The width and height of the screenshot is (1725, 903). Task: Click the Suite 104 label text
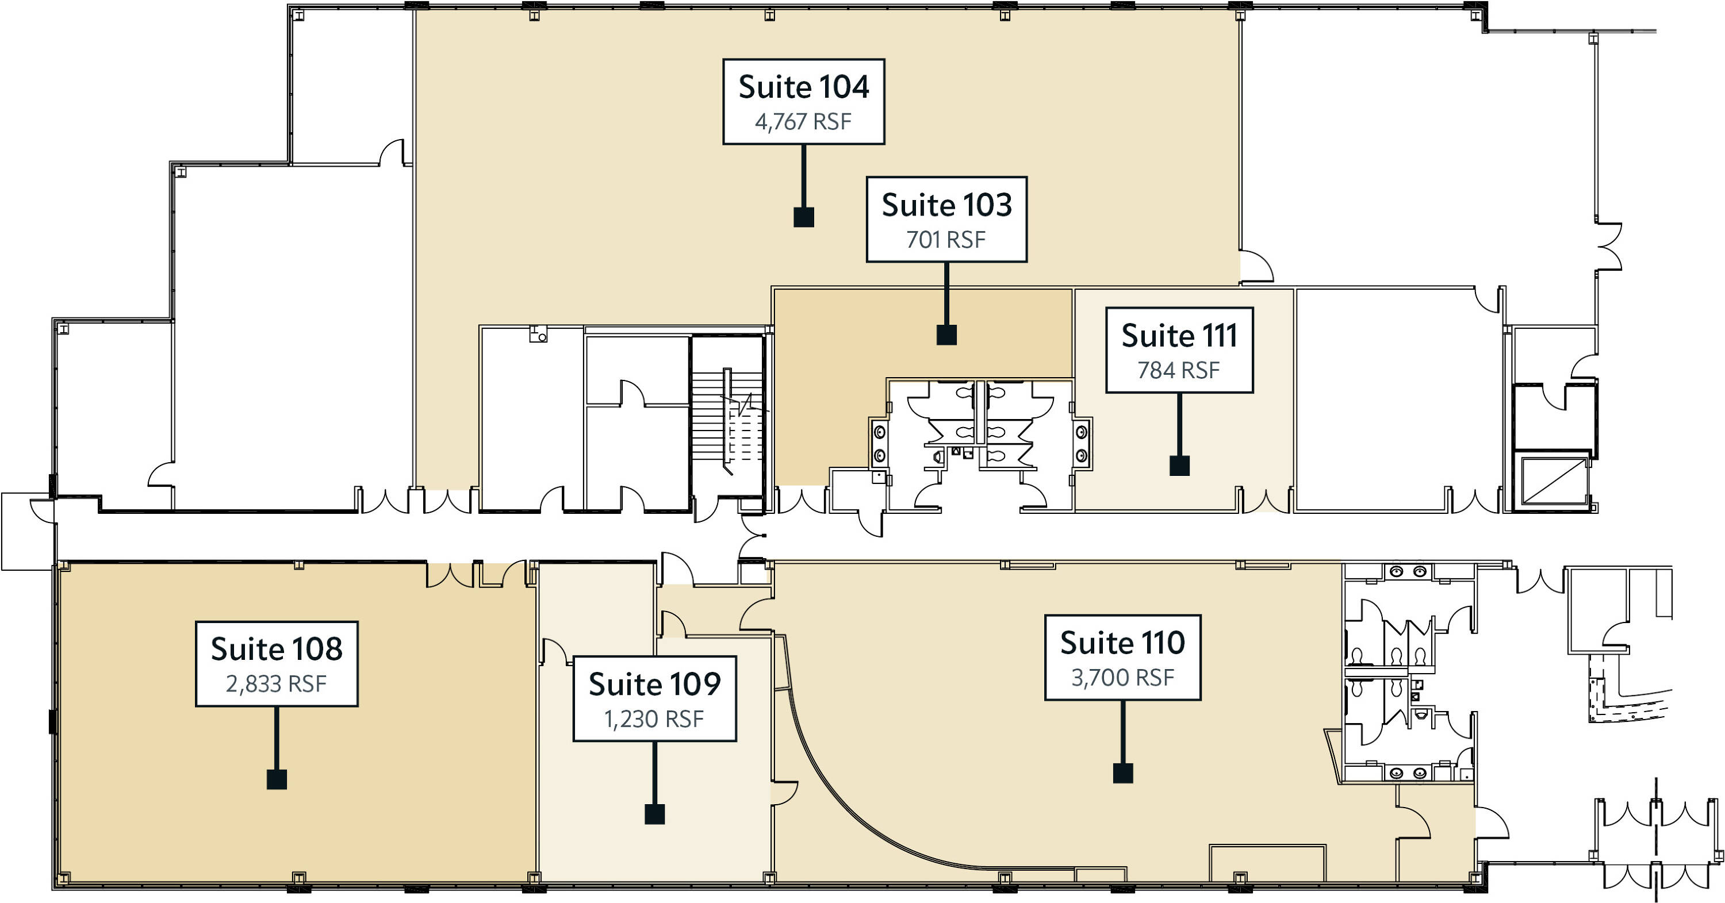pos(804,87)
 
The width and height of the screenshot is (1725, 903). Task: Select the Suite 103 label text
pos(946,205)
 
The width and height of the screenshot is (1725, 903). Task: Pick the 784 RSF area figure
pos(1179,370)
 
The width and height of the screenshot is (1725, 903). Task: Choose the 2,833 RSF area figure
pos(276,684)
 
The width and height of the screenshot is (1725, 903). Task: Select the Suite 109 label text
pos(654,684)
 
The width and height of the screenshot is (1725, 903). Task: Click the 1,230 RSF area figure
pos(654,719)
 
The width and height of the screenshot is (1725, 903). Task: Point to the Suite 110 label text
pos(1122,643)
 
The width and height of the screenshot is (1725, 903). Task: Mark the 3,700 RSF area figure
pos(1122,678)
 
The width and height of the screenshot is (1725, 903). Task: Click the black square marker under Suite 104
pos(804,217)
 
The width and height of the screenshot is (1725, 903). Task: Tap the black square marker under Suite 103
pos(946,335)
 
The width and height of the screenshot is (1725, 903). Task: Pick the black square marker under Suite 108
pos(277,779)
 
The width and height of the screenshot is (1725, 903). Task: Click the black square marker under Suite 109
pos(654,814)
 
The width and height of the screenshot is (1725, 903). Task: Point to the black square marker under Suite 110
pos(1123,773)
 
